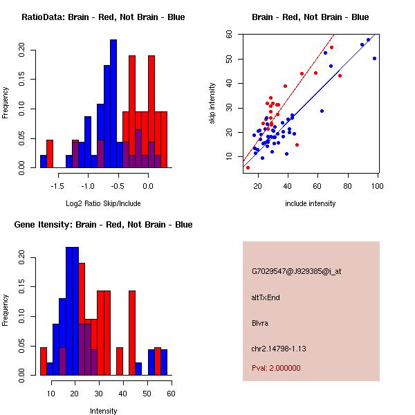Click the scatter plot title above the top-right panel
click(x=310, y=17)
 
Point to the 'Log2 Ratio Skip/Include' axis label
click(x=103, y=203)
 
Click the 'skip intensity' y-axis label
click(x=213, y=103)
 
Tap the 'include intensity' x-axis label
click(x=310, y=203)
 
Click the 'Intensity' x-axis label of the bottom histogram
click(x=103, y=411)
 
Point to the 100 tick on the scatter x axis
click(x=378, y=187)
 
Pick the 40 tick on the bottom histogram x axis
click(x=123, y=394)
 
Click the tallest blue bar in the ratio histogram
click(x=113, y=104)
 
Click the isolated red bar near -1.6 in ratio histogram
click(x=50, y=153)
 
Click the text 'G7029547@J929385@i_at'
click(x=297, y=271)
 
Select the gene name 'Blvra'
click(x=259, y=323)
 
